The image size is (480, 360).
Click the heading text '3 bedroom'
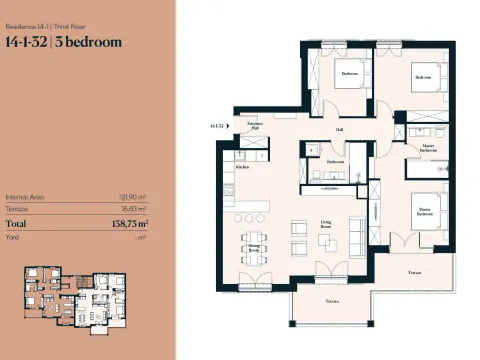(x=93, y=43)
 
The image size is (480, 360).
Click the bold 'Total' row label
(x=18, y=225)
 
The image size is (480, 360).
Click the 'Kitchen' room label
(x=242, y=167)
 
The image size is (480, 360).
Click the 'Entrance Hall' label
(x=256, y=126)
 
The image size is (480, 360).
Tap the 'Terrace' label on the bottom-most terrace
(x=330, y=300)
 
